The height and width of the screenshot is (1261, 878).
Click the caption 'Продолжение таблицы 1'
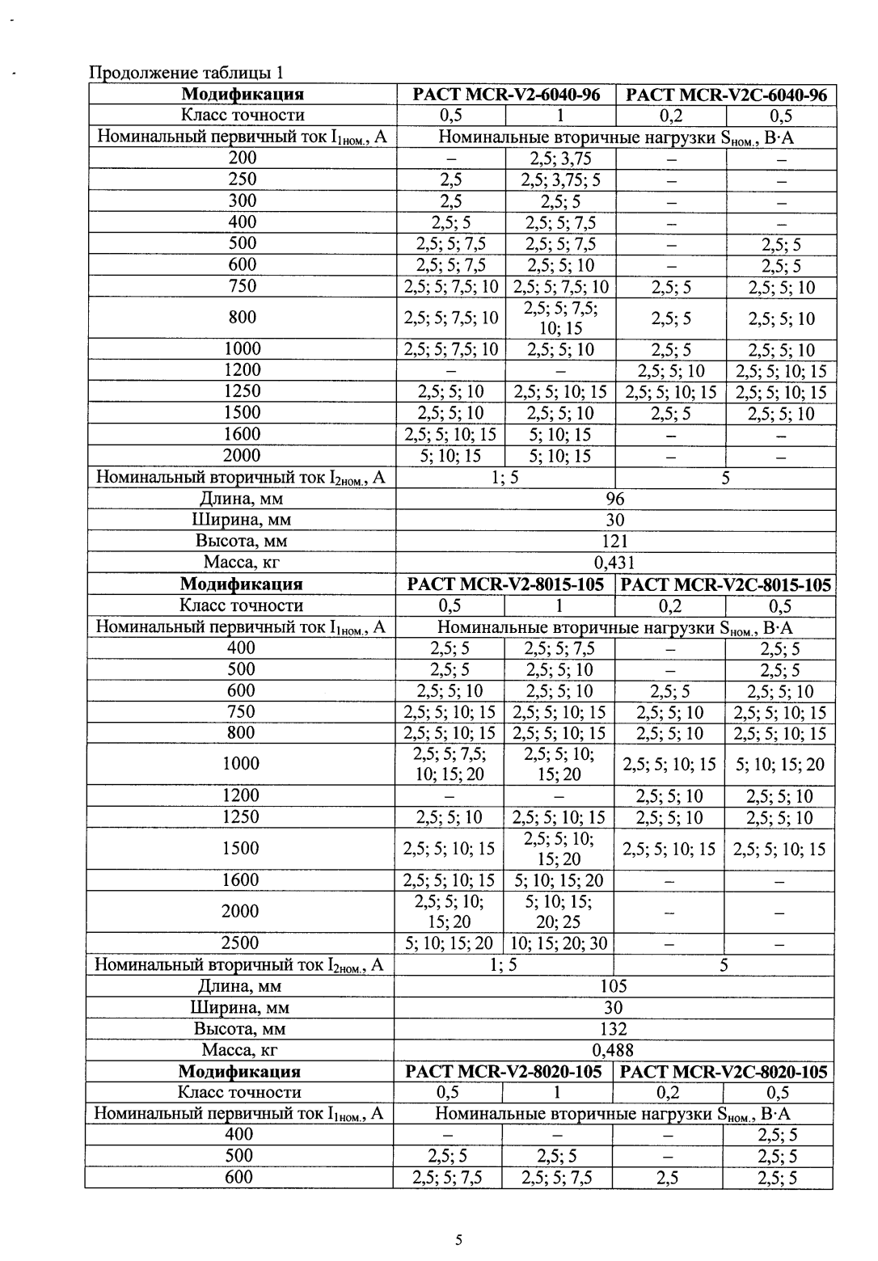click(x=187, y=74)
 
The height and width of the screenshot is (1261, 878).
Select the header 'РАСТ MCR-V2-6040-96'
click(x=506, y=95)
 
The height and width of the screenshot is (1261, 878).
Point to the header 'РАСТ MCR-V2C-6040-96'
click(x=725, y=95)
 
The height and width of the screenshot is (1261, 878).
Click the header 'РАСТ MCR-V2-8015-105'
click(x=505, y=584)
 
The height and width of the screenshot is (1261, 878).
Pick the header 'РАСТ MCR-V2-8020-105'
click(x=504, y=1072)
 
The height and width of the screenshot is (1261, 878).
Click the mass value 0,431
click(x=614, y=563)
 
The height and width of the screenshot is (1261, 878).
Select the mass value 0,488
click(x=614, y=1050)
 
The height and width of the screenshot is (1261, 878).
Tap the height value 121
click(x=615, y=541)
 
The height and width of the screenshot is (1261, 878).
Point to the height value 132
click(x=614, y=1029)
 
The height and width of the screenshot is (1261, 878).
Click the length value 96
click(x=615, y=499)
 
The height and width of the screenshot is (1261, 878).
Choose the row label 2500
click(x=240, y=943)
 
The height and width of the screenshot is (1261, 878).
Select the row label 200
click(x=243, y=158)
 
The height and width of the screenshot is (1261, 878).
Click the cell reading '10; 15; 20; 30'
click(x=559, y=943)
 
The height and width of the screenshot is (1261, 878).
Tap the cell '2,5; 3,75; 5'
click(x=559, y=179)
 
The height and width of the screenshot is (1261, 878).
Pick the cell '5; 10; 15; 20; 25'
click(x=559, y=912)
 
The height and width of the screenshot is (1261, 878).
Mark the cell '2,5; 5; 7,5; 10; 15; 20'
click(x=450, y=764)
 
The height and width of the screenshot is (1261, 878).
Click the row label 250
click(x=243, y=179)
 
